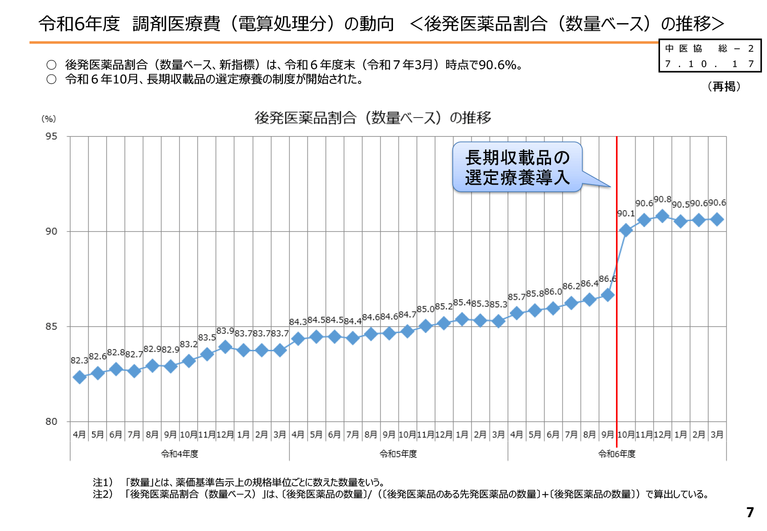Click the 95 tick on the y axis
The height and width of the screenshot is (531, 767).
pyautogui.click(x=51, y=137)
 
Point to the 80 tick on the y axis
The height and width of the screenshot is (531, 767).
pyautogui.click(x=51, y=422)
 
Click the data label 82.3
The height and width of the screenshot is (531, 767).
pyautogui.click(x=79, y=361)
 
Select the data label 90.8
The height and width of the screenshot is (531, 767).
pyautogui.click(x=662, y=200)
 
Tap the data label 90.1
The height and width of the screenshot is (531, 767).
pyautogui.click(x=626, y=214)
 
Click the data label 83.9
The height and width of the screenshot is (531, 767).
pyautogui.click(x=225, y=331)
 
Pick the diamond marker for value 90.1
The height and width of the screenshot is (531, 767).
pyautogui.click(x=625, y=231)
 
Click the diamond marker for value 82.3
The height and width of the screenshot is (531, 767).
pyautogui.click(x=79, y=378)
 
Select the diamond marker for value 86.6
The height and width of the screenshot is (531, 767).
pyautogui.click(x=607, y=295)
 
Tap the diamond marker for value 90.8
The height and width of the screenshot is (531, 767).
pyautogui.click(x=662, y=216)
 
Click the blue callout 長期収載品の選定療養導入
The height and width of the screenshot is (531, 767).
pyautogui.click(x=517, y=167)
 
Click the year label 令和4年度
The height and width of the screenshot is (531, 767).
pyautogui.click(x=180, y=454)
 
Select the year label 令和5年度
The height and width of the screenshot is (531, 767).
pyautogui.click(x=398, y=454)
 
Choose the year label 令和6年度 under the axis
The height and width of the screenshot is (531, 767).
pyautogui.click(x=617, y=454)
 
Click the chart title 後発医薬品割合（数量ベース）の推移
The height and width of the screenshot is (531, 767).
pyautogui.click(x=372, y=118)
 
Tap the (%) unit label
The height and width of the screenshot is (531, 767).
pyautogui.click(x=49, y=119)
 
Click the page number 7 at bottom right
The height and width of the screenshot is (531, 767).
pyautogui.click(x=750, y=512)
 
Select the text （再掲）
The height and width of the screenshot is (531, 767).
pyautogui.click(x=725, y=86)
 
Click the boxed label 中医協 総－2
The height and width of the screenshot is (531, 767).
pyautogui.click(x=709, y=49)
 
